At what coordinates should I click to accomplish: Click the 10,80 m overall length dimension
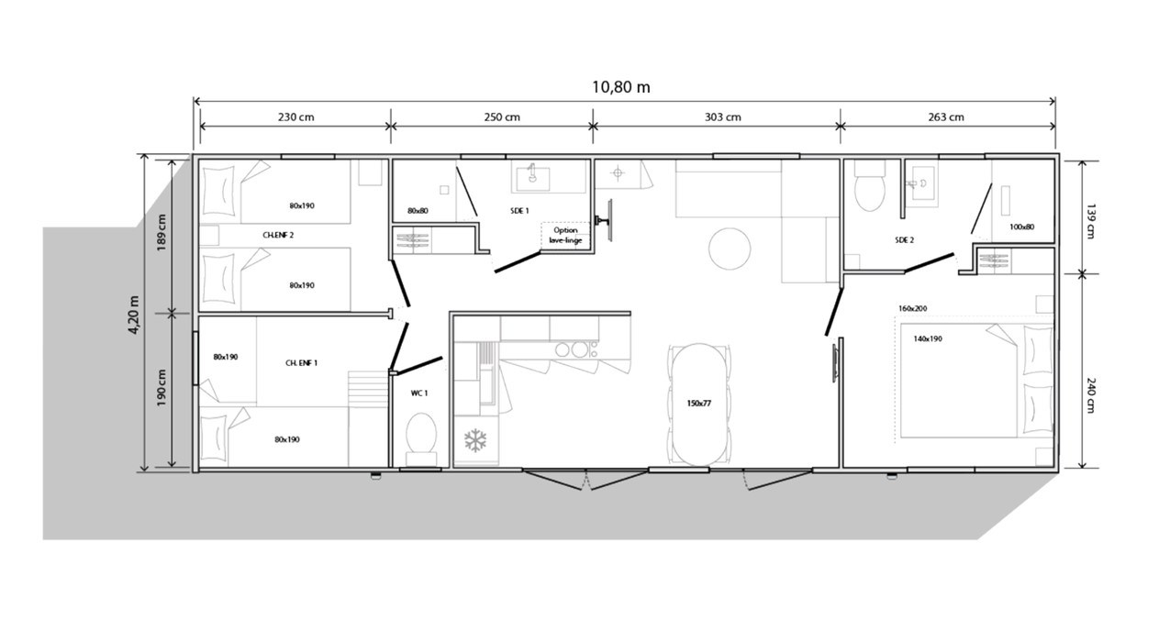pyautogui.click(x=621, y=87)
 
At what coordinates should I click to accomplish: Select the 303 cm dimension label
pyautogui.click(x=722, y=117)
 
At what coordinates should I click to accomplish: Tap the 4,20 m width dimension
pyautogui.click(x=134, y=315)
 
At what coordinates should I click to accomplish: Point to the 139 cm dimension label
pyautogui.click(x=1089, y=221)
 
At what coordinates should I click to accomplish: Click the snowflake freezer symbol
pyautogui.click(x=475, y=440)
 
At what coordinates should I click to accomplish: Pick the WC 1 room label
pyautogui.click(x=419, y=393)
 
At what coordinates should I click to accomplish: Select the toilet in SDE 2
pyautogui.click(x=869, y=185)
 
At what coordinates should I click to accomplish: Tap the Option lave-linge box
pyautogui.click(x=565, y=236)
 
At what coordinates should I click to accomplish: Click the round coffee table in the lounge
pyautogui.click(x=730, y=249)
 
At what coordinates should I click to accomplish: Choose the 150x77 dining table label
pyautogui.click(x=698, y=404)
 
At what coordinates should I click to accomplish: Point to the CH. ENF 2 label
pyautogui.click(x=278, y=236)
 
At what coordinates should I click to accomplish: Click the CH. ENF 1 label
pyautogui.click(x=301, y=363)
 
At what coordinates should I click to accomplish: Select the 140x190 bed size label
pyautogui.click(x=928, y=339)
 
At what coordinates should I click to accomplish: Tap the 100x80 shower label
pyautogui.click(x=1021, y=227)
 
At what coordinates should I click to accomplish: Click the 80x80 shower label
pyautogui.click(x=418, y=211)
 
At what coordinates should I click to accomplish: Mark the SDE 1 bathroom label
pyautogui.click(x=519, y=211)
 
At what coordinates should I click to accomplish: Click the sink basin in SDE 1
pyautogui.click(x=531, y=176)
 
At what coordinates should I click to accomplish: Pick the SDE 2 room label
pyautogui.click(x=905, y=240)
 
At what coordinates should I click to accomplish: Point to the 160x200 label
pyautogui.click(x=913, y=309)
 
